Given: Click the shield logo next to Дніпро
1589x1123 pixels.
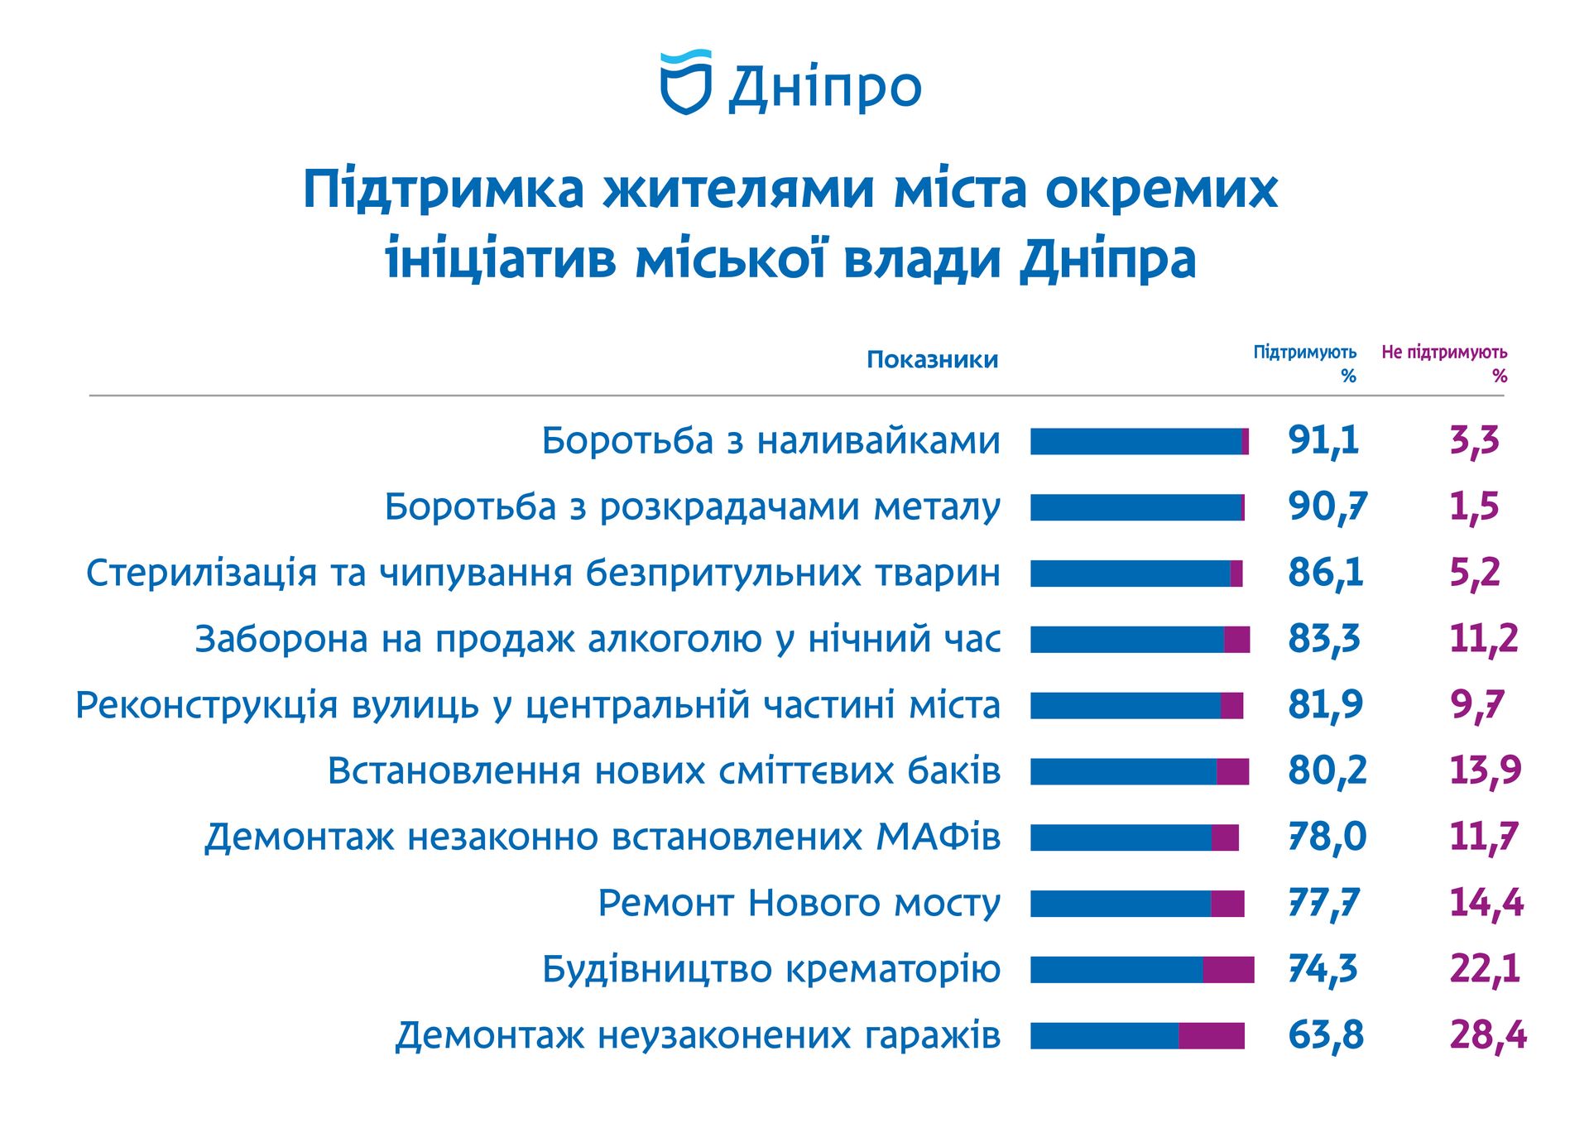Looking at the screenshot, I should coord(685,82).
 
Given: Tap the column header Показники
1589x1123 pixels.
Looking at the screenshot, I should coord(932,360).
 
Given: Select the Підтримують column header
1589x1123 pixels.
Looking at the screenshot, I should coord(1304,362).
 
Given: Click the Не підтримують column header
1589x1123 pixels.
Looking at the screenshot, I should coord(1444,362).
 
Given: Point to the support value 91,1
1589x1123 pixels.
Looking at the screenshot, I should coord(1323,440).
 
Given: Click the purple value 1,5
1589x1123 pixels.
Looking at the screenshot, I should coord(1474,506).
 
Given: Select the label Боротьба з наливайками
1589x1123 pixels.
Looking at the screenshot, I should coord(770,441).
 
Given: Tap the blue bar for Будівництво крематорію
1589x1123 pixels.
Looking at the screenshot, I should coord(1116,970).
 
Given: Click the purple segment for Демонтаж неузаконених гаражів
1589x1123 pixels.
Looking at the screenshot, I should coord(1212,1036).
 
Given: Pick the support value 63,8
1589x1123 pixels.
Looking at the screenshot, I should coord(1325,1035).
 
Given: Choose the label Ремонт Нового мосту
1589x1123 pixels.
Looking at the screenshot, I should coord(799,903).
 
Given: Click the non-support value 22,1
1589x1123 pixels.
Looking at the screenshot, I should coord(1485,969).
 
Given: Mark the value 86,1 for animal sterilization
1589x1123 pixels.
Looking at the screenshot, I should coord(1325,573).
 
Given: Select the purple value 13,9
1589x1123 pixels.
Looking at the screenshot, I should coord(1485,770).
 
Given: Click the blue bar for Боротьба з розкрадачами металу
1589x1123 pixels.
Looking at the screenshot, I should coord(1135,507).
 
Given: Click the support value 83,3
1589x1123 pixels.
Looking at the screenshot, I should coord(1323,639).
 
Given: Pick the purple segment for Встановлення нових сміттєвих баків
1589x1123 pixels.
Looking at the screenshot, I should coord(1232,771).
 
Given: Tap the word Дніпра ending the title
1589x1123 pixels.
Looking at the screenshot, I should coord(1107,260).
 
